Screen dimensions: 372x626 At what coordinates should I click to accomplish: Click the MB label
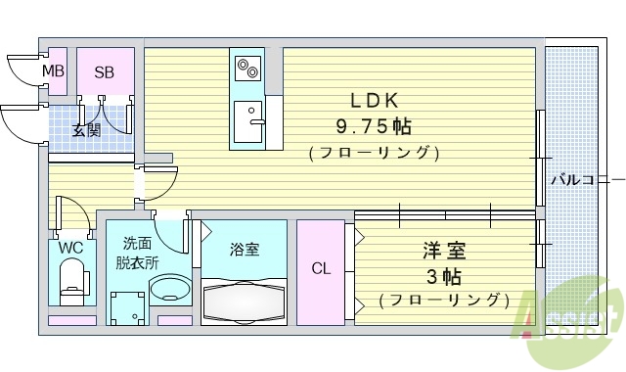click(x=53, y=71)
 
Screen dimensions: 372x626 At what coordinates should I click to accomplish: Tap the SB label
click(x=104, y=71)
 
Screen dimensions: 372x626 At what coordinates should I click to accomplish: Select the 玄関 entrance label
click(x=86, y=130)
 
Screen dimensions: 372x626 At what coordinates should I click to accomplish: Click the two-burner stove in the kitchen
click(x=246, y=70)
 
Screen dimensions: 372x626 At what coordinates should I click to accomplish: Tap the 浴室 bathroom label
click(x=245, y=250)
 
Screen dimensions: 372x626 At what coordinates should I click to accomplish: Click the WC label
click(x=69, y=248)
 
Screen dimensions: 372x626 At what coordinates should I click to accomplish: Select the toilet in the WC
click(x=72, y=285)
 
